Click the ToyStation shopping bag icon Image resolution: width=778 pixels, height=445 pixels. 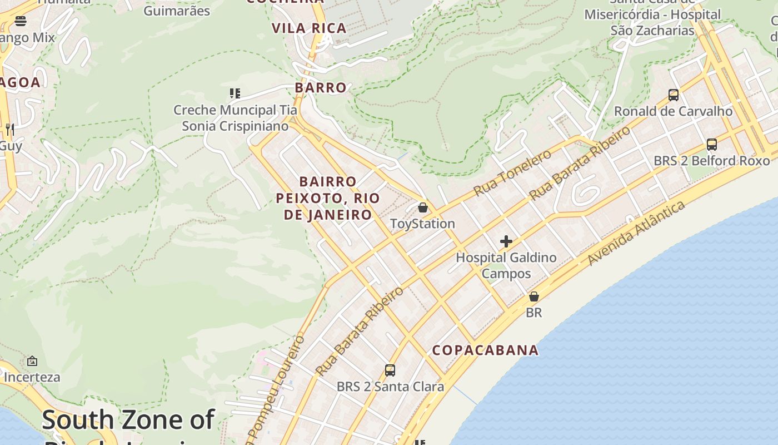coord(423,207)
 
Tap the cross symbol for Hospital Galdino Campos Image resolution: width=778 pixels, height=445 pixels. coord(506,241)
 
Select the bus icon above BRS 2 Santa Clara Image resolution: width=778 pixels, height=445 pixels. coord(390,370)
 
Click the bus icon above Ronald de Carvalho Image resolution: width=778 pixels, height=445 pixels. coord(674,95)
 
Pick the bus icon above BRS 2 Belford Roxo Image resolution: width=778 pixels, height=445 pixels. coord(712,145)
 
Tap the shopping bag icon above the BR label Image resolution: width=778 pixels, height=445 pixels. coord(534,296)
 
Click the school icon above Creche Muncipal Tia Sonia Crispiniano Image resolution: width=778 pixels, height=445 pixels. coord(235,93)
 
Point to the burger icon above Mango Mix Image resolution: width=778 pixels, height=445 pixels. coord(21,22)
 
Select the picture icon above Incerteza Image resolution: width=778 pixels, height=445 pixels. coord(32,361)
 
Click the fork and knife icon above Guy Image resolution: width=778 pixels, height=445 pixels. coord(9,130)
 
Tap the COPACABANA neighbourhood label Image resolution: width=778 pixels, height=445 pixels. coord(485,350)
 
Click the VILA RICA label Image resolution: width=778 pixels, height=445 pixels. coord(309,28)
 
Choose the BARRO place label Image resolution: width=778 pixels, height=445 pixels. coord(321,87)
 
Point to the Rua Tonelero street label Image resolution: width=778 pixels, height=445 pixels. coord(512,172)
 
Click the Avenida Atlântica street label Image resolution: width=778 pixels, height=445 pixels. coord(636,234)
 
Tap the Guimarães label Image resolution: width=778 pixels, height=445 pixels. coord(177,11)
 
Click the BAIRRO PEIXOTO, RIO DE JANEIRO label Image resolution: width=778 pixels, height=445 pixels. coord(328,198)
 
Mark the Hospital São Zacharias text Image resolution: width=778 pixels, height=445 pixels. coord(652,22)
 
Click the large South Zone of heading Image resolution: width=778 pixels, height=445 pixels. coord(128,419)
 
